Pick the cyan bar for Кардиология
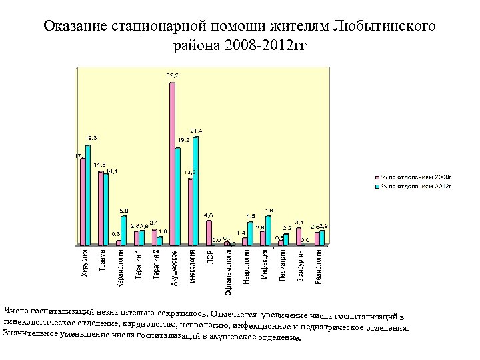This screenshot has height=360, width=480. (124, 231)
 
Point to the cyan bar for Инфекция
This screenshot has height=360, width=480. (268, 231)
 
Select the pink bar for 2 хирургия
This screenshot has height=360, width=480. (299, 237)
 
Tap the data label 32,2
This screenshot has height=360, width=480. (172, 75)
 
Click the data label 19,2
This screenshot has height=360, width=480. (184, 140)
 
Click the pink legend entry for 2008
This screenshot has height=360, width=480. (413, 177)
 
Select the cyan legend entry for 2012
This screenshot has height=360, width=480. (413, 187)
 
